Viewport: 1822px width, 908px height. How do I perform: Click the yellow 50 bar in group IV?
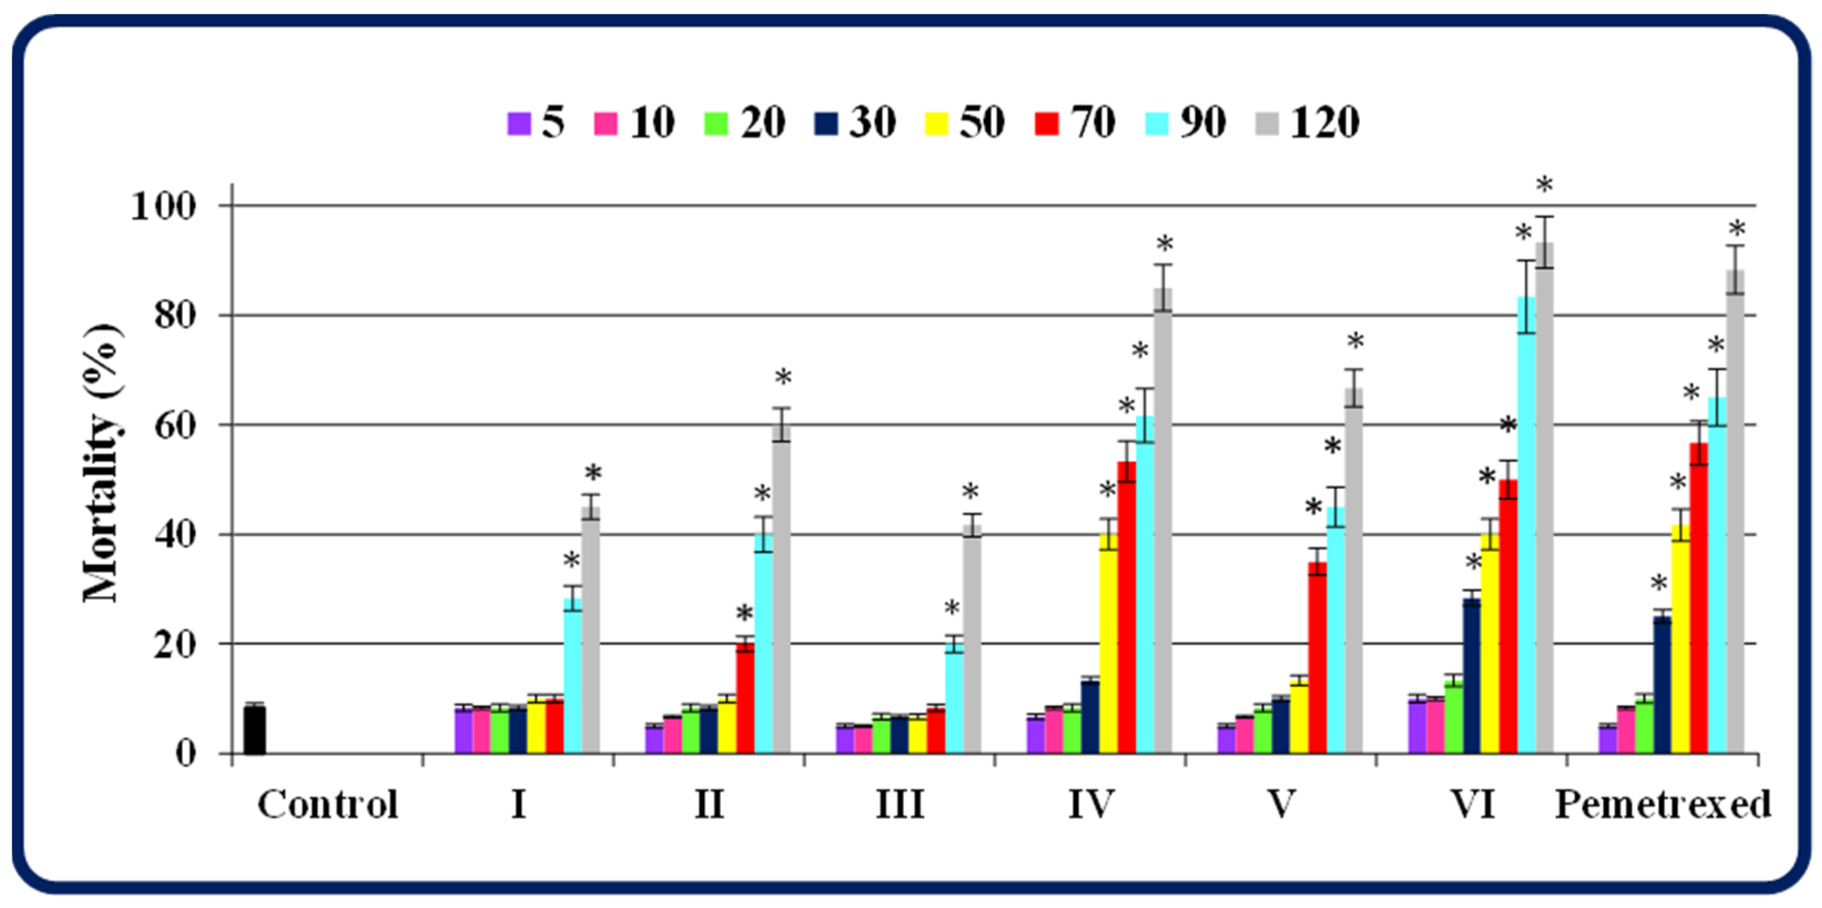(1108, 644)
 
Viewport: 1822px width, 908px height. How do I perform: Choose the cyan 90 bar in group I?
(572, 675)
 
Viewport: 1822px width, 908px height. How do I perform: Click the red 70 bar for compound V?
(1317, 657)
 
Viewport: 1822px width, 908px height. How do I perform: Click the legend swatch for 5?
(519, 124)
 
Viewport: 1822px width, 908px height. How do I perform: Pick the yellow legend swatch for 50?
(936, 124)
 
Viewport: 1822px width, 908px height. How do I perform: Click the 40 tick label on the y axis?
(174, 534)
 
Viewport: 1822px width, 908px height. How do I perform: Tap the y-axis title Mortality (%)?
(101, 463)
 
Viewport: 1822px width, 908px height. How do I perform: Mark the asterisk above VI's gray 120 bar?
(1545, 187)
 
